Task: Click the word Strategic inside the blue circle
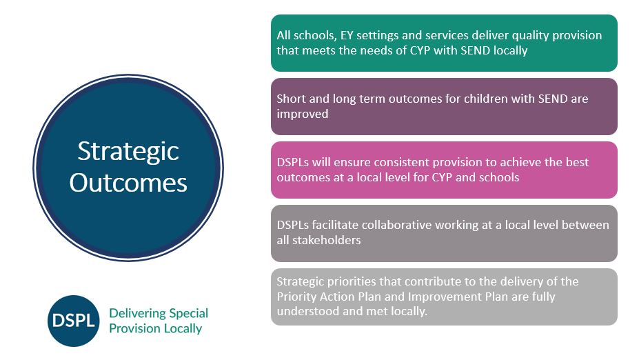click(x=128, y=152)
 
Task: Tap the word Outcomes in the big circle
click(x=128, y=183)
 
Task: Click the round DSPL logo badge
click(x=73, y=321)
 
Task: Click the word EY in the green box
click(x=347, y=35)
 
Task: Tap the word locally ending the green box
click(x=510, y=50)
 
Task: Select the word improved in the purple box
click(x=303, y=114)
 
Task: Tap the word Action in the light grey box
click(x=336, y=297)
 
